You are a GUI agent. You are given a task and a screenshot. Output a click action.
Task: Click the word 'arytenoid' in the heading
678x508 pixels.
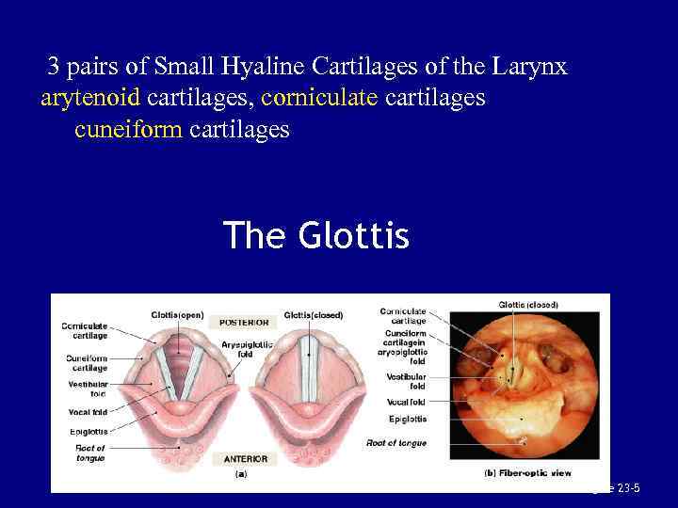point(90,98)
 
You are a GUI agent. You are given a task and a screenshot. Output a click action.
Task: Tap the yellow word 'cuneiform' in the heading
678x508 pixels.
point(129,129)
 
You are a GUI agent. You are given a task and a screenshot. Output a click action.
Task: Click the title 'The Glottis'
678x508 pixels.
point(316,235)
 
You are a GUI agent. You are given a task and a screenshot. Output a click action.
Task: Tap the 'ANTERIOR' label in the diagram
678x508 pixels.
point(245,458)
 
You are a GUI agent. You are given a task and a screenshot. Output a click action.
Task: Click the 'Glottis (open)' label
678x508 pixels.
point(177,314)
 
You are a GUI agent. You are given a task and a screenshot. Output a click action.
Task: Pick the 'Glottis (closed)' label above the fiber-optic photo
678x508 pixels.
point(527,305)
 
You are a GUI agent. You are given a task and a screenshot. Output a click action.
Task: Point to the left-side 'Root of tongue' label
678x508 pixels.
point(90,452)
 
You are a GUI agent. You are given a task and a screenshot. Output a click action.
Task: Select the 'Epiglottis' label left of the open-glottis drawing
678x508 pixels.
point(87,432)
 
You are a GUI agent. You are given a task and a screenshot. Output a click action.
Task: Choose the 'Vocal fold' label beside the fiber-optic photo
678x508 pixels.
point(406,402)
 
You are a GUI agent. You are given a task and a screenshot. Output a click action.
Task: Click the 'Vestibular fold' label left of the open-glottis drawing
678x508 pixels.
point(87,389)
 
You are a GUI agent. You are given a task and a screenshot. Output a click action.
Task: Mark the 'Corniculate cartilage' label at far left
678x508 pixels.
point(85,330)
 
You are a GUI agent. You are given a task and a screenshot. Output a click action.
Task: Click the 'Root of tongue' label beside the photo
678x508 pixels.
point(395,442)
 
